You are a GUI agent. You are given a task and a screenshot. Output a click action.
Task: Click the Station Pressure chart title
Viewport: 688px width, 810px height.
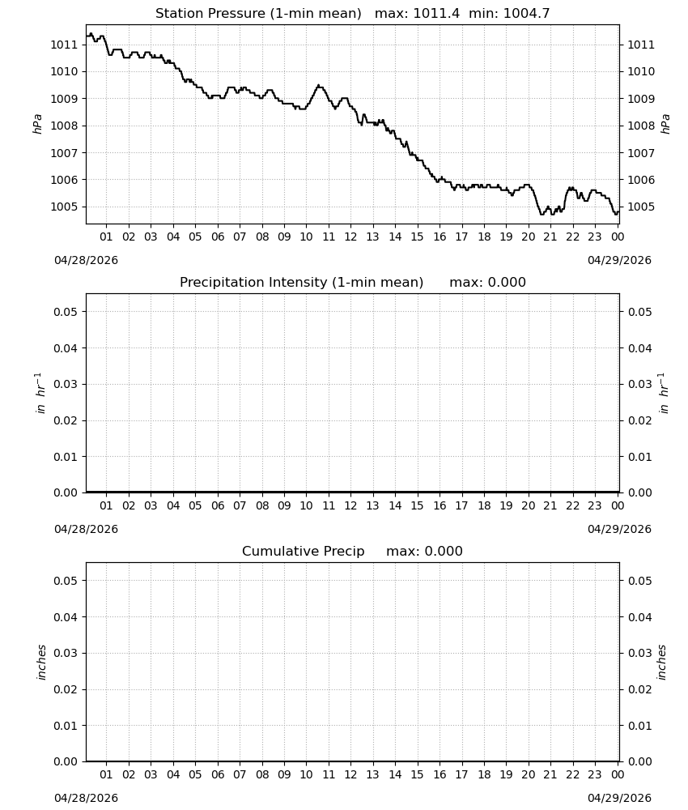pos(258,14)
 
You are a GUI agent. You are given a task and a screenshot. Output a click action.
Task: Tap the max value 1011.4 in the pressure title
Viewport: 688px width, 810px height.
pos(436,14)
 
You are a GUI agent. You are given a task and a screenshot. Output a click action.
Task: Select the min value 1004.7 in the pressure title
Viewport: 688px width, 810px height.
pos(526,14)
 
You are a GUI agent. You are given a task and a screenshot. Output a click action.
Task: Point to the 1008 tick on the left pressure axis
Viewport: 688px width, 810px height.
pos(63,126)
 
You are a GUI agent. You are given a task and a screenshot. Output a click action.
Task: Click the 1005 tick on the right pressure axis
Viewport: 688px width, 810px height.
pos(641,207)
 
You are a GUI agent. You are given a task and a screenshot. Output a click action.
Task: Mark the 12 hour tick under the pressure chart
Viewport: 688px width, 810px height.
pos(350,237)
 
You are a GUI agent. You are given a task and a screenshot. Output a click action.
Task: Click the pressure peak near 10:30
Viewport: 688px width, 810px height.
pos(318,85)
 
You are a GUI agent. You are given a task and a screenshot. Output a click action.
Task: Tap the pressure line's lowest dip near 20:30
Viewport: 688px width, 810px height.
pos(541,213)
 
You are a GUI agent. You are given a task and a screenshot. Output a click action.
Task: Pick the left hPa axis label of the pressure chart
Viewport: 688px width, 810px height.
pos(37,124)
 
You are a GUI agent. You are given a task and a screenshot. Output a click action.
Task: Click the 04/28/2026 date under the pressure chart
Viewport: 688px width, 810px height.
pos(86,260)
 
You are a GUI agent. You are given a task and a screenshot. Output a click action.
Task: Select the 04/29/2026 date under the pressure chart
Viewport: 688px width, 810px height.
pos(619,260)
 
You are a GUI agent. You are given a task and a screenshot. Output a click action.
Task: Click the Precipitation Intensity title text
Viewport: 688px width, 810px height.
pos(301,283)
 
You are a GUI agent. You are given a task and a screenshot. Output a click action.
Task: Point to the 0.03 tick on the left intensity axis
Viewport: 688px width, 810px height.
pos(66,384)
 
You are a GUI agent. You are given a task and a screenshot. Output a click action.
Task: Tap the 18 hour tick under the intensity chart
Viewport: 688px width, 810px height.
pos(484,505)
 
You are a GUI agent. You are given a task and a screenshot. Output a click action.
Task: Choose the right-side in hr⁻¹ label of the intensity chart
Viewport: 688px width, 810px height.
pos(664,393)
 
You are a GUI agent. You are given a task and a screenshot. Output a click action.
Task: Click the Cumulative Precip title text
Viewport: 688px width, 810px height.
pos(303,551)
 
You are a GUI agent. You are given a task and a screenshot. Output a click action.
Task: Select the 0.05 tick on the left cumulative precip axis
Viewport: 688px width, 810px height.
pos(66,581)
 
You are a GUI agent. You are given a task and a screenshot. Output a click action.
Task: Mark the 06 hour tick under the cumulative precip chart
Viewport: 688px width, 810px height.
pos(218,774)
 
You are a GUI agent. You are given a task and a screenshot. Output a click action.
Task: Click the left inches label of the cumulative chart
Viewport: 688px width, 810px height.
pos(41,663)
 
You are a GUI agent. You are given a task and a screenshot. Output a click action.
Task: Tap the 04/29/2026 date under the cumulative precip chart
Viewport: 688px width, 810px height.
pos(619,798)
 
